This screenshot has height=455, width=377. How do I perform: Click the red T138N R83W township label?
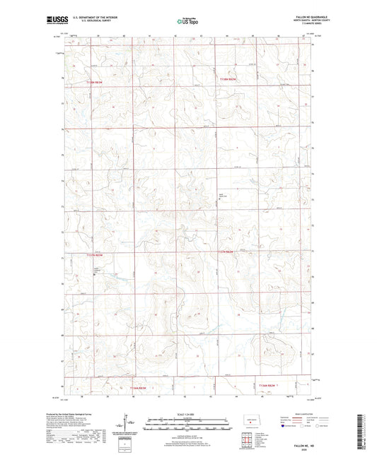(98, 82)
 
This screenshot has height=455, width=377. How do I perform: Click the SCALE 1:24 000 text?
(187, 415)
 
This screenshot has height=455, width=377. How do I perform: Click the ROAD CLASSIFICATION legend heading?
(294, 415)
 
